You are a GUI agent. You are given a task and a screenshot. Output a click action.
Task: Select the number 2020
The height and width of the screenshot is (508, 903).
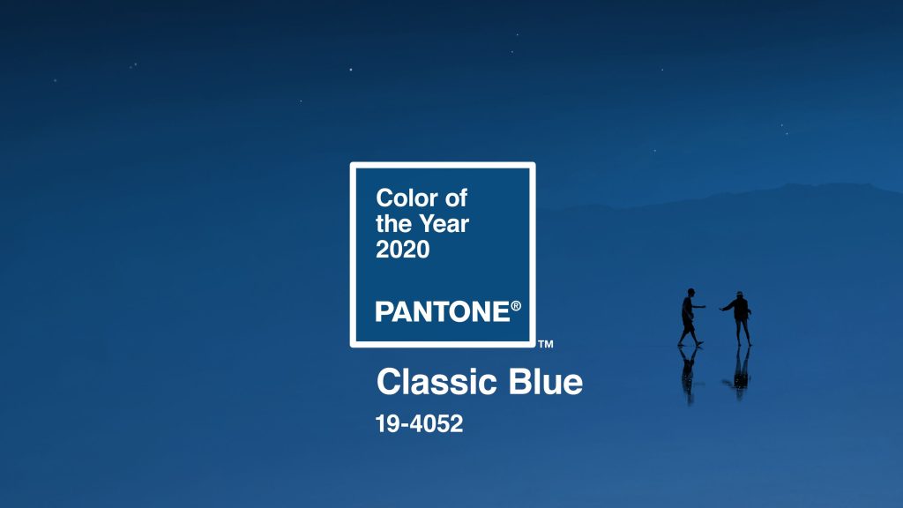pos(403,250)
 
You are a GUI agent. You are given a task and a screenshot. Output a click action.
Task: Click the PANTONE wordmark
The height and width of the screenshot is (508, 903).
pos(441,311)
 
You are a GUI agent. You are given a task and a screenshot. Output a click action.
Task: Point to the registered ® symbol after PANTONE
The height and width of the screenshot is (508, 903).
pos(516,306)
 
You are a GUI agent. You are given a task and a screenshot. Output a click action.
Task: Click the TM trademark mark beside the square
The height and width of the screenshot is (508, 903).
pos(545,344)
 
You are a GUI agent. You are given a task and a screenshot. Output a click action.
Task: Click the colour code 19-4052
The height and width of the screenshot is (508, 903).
pos(419,423)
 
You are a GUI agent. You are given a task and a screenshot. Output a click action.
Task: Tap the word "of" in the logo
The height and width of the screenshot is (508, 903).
pos(456,198)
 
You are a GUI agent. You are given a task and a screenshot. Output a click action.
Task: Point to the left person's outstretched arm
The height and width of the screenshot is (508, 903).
pos(698,307)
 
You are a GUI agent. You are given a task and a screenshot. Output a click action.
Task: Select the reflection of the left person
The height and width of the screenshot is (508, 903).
pos(689,370)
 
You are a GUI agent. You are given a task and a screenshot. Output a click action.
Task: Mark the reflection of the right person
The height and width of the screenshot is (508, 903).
pos(742,369)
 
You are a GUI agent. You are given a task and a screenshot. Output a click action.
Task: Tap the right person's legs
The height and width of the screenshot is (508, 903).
pos(743,331)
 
